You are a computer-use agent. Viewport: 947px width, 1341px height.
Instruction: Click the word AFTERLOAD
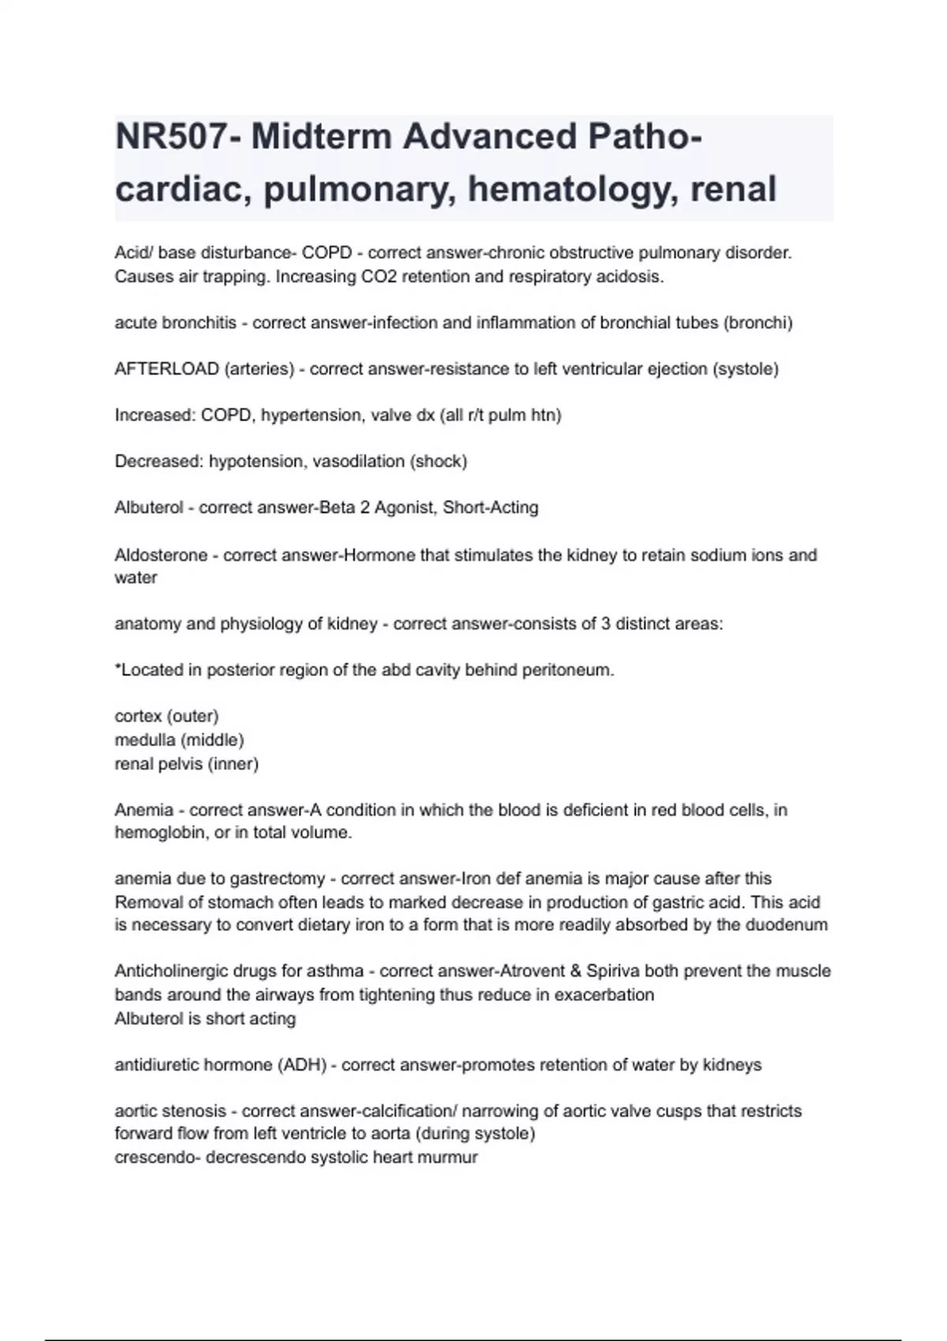[x=167, y=369]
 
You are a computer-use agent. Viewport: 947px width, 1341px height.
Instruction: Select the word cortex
[x=138, y=716]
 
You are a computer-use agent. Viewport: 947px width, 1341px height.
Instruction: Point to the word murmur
[x=450, y=1158]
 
